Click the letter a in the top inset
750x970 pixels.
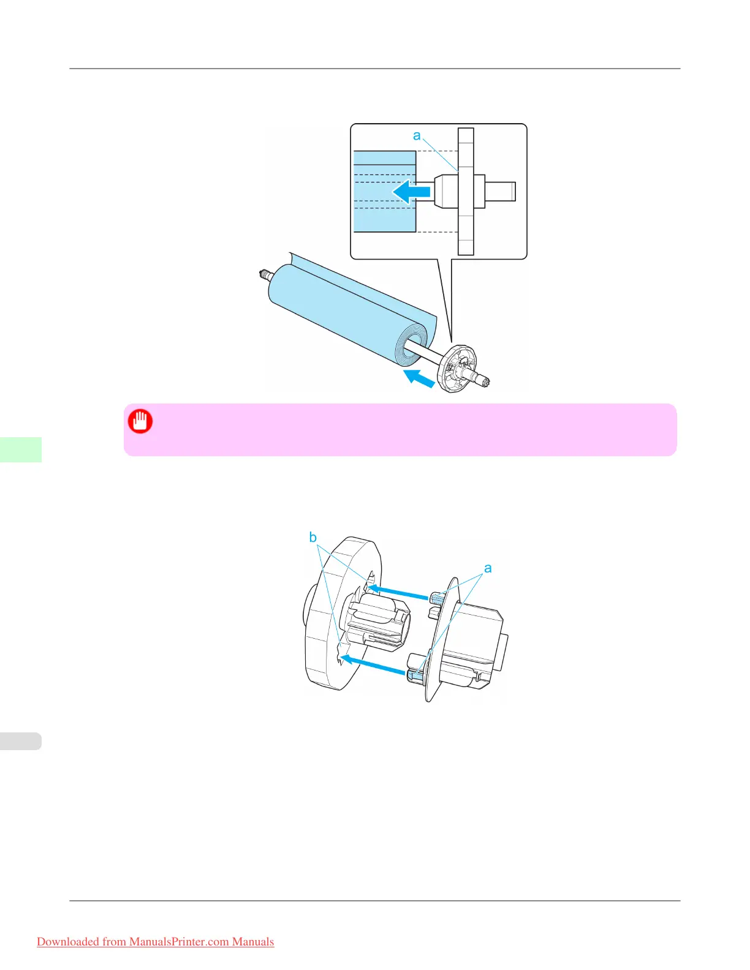(x=417, y=135)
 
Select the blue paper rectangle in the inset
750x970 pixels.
(x=385, y=192)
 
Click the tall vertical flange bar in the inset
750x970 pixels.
(x=466, y=192)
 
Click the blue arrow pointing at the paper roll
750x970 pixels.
(x=419, y=378)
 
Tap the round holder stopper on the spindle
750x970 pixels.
(x=456, y=367)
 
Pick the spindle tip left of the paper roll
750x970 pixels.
(x=265, y=274)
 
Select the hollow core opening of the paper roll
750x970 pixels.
(x=412, y=347)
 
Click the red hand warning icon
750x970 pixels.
(x=140, y=421)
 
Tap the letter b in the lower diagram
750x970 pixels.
(x=312, y=538)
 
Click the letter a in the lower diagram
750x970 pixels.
(x=488, y=568)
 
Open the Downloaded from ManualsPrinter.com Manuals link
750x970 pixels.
(x=155, y=942)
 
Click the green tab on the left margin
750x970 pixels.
(x=21, y=449)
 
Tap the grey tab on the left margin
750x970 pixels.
(x=21, y=741)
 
